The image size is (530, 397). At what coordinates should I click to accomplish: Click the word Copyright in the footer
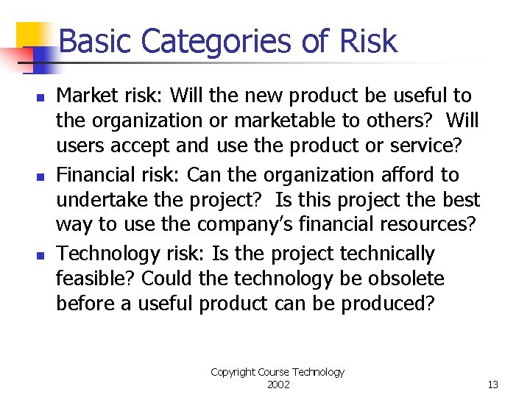[234, 372]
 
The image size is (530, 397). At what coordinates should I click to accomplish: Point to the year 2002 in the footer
[278, 385]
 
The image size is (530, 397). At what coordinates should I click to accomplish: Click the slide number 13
[492, 385]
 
